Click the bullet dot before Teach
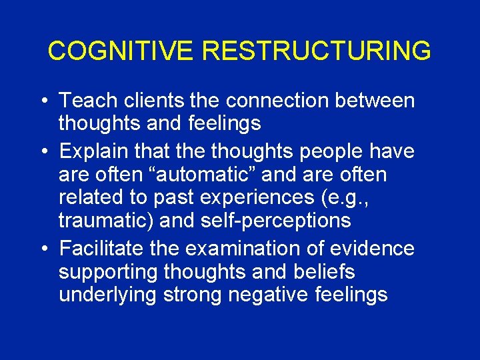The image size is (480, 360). [x=43, y=102]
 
